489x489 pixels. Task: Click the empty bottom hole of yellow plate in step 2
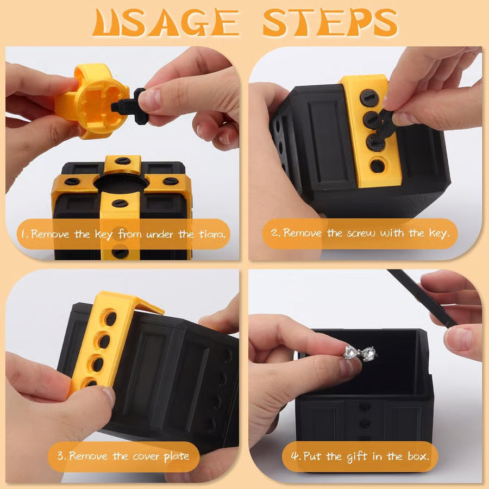click(377, 166)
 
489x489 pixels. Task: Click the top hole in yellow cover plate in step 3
click(110, 318)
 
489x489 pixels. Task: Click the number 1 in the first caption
click(24, 234)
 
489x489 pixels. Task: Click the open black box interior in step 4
click(375, 375)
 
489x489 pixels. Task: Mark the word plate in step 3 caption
click(176, 455)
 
